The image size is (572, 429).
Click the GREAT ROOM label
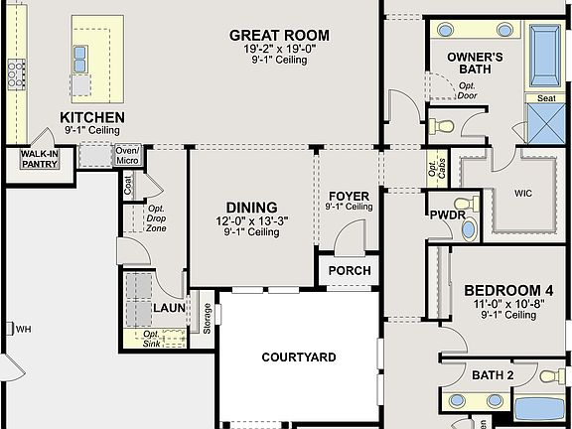279,36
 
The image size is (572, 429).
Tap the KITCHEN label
92,117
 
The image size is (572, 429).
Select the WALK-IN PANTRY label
40,159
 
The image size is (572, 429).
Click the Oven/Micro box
127,155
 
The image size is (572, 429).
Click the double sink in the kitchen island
80,60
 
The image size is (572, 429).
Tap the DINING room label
251,208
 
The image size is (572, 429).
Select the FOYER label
350,196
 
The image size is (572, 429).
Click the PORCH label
350,271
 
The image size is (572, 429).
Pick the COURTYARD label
299,357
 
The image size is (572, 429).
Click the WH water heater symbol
10,329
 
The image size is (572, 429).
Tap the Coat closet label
128,186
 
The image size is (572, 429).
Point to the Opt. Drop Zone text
156,218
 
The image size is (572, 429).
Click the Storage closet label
207,319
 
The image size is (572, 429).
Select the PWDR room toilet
467,203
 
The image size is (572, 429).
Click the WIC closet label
523,193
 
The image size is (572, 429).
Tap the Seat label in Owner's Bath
546,98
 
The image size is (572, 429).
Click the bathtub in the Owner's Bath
544,56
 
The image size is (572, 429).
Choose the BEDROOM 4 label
508,291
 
